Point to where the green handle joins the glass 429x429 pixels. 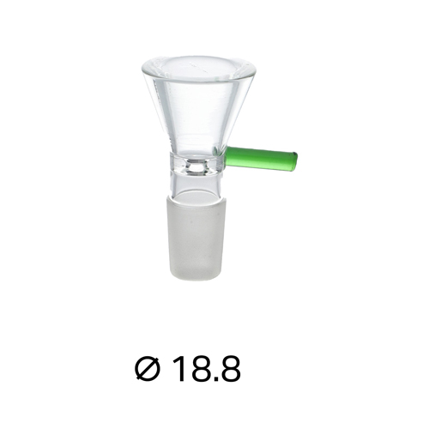point(228,155)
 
